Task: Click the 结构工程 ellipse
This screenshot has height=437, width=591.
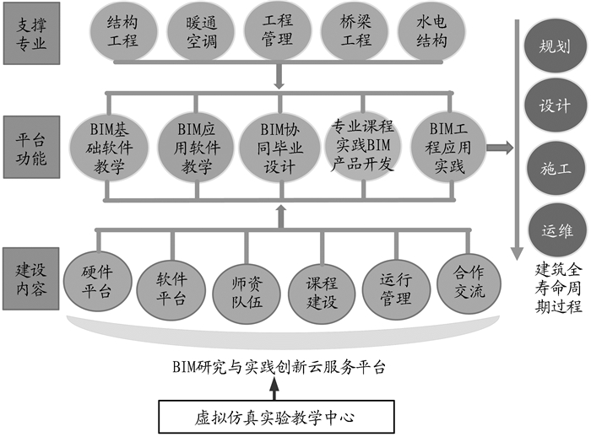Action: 123,31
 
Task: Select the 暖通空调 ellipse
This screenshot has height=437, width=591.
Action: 202,31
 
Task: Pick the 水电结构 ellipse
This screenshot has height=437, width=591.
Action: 431,31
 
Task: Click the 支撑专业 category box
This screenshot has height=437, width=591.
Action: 32,33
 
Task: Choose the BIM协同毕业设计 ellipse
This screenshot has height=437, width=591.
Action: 279,148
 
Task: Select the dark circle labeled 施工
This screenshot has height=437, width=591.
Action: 554,169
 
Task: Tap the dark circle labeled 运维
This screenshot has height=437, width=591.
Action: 554,229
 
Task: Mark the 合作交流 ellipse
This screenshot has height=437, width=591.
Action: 469,283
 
